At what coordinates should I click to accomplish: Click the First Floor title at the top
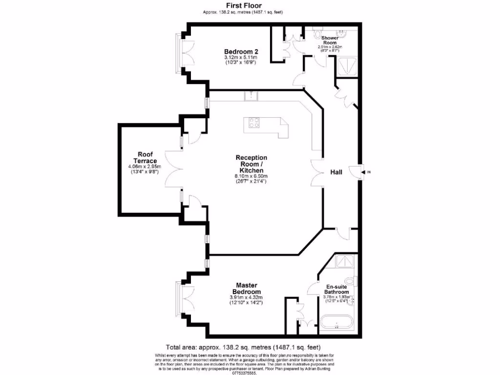point(243,6)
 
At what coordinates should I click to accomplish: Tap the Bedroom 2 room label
point(241,52)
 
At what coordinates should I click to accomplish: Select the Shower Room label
point(330,40)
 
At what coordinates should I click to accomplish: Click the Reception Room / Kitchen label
point(251,164)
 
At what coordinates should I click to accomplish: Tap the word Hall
point(336,172)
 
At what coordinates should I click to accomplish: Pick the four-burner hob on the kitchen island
point(254,123)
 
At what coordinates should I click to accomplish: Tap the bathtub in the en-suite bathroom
point(336,322)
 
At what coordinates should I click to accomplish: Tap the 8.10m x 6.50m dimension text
point(251,176)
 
